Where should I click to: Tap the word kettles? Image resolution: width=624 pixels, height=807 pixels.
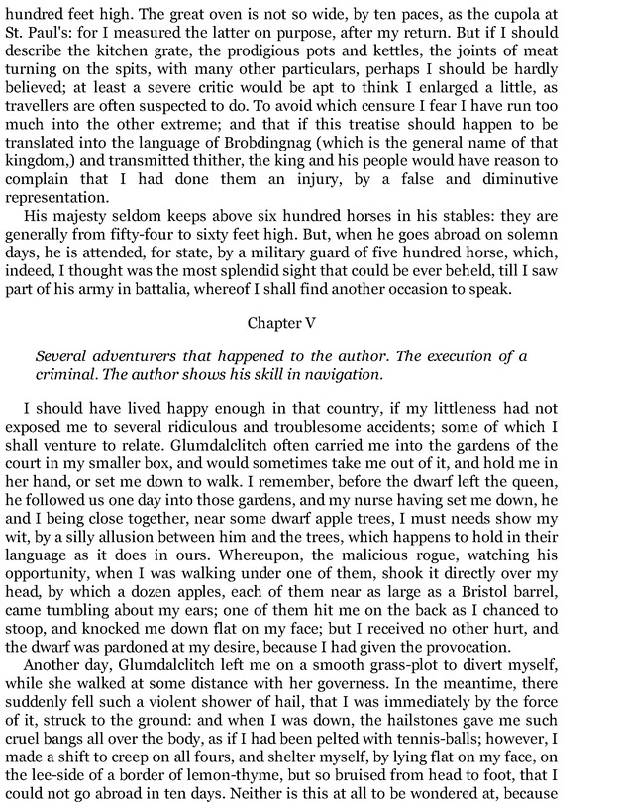point(378,58)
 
